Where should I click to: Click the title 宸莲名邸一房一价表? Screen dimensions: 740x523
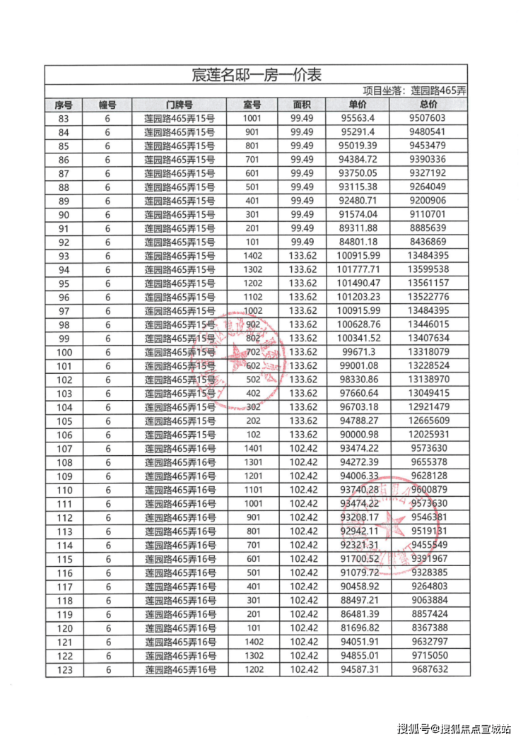[257, 75]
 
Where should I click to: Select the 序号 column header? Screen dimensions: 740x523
[64, 105]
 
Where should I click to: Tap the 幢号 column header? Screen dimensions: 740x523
[108, 105]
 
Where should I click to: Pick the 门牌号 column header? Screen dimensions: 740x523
[180, 105]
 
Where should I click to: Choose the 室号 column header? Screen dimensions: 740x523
[253, 105]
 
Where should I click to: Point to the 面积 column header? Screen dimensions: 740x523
[302, 105]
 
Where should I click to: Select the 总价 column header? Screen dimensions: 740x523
[429, 105]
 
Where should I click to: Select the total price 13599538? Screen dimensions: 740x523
[429, 270]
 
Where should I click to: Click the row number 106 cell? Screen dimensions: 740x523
[64, 435]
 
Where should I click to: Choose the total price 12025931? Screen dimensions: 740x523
[429, 435]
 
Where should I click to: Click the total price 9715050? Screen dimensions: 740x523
[429, 656]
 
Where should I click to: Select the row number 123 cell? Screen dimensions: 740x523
[64, 670]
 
